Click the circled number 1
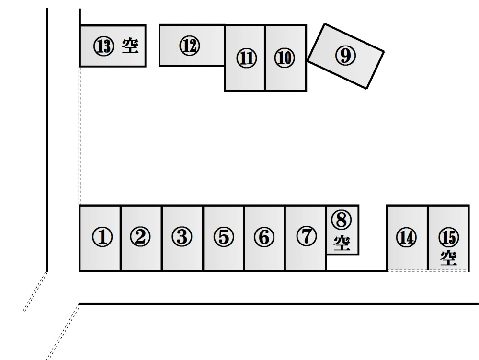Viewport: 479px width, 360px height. (103, 237)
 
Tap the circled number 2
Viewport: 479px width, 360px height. (140, 237)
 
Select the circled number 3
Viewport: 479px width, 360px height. (182, 237)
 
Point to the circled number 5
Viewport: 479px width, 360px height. (224, 237)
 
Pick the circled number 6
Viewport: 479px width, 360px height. (264, 237)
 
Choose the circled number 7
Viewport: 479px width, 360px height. (307, 236)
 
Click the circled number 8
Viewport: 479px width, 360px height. (341, 220)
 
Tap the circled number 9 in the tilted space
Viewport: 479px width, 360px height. (345, 56)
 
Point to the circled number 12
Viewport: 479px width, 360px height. (190, 46)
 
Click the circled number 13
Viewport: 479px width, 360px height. (103, 47)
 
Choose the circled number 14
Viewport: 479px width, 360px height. (406, 237)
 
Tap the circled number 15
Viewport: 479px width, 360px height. (449, 237)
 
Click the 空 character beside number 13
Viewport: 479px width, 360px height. (130, 46)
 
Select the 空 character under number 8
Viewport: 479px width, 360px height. (342, 243)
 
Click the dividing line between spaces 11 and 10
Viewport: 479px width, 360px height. (265, 58)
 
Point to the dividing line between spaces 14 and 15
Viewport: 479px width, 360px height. (428, 238)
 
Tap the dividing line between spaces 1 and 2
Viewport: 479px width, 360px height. (121, 238)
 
